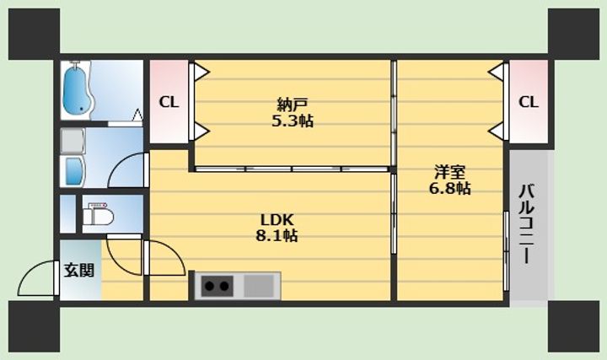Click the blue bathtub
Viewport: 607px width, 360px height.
[77, 90]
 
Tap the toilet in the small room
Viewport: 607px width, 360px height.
[99, 216]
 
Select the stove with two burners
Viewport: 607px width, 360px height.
[218, 286]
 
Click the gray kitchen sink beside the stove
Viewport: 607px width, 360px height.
[259, 286]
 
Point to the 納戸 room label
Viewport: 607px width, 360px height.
[293, 105]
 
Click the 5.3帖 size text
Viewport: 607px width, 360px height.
[293, 121]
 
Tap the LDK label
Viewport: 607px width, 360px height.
[277, 219]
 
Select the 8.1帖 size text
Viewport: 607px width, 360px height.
[277, 235]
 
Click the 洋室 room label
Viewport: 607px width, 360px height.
[450, 171]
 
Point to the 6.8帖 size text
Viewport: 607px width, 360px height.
[450, 188]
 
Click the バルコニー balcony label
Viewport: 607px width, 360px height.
[526, 224]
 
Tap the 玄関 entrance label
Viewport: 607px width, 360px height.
[79, 270]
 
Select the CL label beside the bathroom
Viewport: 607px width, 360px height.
[169, 102]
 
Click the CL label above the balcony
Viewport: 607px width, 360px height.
[529, 102]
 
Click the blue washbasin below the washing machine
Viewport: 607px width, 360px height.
[75, 171]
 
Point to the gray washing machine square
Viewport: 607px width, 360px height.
[73, 141]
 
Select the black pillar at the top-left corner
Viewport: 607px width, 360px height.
[34, 34]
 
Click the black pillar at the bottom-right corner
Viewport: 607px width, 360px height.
[574, 326]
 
